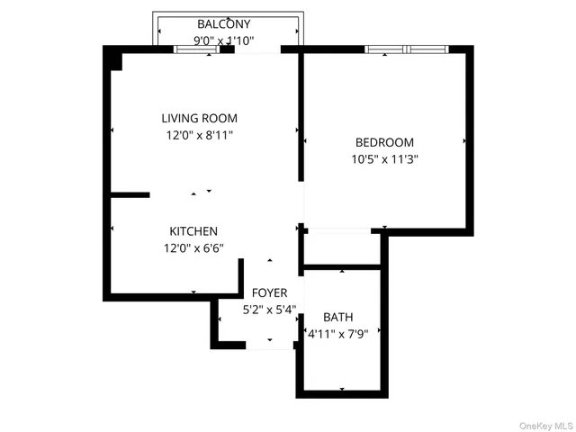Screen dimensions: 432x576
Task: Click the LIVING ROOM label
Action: (199, 118)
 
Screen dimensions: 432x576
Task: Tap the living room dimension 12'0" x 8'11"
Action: (199, 135)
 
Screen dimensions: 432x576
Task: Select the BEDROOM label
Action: (384, 142)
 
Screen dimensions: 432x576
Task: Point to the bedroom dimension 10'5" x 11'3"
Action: (384, 159)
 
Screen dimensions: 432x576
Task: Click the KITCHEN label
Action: (193, 231)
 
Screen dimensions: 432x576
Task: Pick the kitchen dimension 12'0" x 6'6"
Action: (193, 248)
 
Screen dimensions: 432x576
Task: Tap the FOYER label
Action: (269, 293)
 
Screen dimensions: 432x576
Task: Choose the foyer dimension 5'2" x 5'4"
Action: (269, 310)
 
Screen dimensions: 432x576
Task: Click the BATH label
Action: (338, 317)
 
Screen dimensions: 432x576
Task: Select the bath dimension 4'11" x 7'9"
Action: (344, 334)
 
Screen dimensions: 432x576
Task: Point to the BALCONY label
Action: (224, 23)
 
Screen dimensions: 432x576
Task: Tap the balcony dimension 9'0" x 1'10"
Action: (224, 40)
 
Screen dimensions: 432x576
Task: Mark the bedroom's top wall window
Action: (408, 49)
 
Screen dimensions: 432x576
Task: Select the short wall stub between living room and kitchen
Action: (130, 193)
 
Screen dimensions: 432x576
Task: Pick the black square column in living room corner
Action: (114, 58)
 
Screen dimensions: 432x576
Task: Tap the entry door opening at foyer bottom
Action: (269, 344)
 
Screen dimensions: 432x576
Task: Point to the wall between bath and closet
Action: (342, 266)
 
